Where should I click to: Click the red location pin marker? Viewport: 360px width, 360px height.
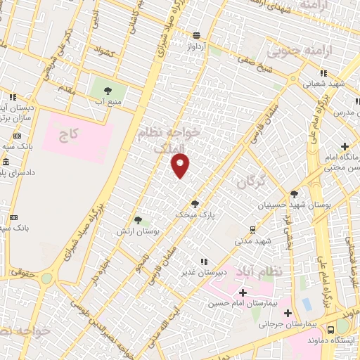[x=181, y=165]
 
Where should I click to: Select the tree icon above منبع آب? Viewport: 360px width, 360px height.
[x=108, y=91]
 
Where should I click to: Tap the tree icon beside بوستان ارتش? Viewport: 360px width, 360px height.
[x=138, y=221]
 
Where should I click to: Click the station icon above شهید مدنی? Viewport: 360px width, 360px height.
[x=252, y=229]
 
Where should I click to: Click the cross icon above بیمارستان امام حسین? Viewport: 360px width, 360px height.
[x=243, y=293]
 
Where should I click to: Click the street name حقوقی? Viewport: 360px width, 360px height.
[x=25, y=268]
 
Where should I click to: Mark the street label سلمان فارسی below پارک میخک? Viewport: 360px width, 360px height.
[x=158, y=262]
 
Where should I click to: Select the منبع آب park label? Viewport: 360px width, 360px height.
[x=108, y=102]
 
